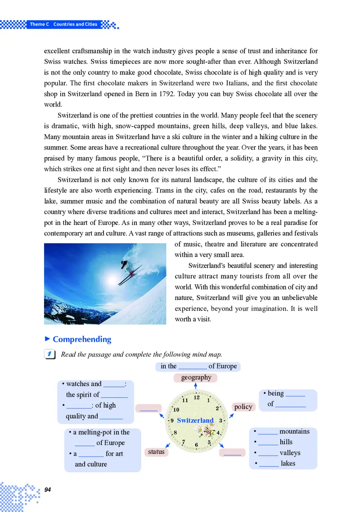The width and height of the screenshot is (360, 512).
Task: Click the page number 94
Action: point(48,490)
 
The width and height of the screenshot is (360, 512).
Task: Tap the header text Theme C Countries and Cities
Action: point(63,24)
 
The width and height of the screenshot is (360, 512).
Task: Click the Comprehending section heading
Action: point(82,339)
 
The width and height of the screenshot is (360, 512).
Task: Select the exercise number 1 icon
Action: point(50,355)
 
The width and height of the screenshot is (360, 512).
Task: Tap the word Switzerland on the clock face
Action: point(195,420)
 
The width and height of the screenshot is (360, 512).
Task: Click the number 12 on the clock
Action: point(197,397)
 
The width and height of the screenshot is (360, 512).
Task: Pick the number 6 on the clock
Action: point(197,445)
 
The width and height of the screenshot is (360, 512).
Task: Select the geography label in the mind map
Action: point(196,377)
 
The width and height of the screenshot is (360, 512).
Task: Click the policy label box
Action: point(243,407)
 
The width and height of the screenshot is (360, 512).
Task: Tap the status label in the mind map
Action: point(156,452)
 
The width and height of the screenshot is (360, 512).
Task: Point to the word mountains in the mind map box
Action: point(294,431)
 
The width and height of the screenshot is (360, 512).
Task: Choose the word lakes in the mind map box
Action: point(288,463)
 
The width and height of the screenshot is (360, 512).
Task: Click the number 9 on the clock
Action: point(172,421)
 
